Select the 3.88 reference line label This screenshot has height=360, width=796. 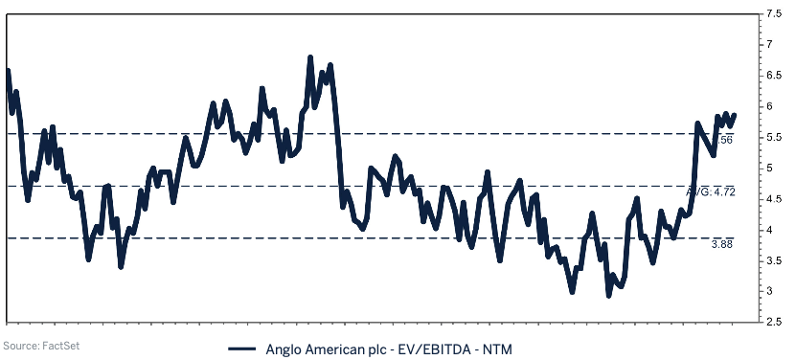[723, 245]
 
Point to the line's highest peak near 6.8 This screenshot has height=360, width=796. [310, 57]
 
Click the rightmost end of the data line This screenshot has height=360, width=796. [735, 114]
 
